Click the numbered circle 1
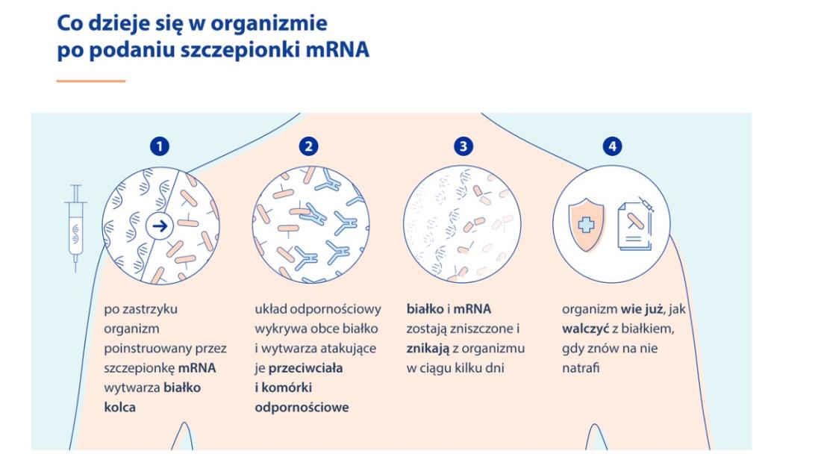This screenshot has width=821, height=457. [x=160, y=146]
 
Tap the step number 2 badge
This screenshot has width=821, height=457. [x=309, y=146]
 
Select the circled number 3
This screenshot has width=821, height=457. [x=463, y=146]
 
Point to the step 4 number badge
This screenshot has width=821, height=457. [x=612, y=146]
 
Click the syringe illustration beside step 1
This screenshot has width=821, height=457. [x=76, y=228]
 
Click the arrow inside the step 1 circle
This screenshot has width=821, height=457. [x=160, y=226]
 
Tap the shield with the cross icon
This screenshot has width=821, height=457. [x=587, y=224]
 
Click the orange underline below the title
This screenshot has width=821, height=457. [x=91, y=81]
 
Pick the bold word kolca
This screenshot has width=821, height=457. [x=120, y=407]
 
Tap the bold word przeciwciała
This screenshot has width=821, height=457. [x=306, y=368]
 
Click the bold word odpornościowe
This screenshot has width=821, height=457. [x=302, y=407]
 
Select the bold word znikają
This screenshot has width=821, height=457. [x=428, y=349]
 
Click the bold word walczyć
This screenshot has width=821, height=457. [x=585, y=329]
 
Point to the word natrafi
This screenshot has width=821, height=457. [x=581, y=368]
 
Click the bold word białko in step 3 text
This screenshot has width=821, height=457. [x=425, y=309]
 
